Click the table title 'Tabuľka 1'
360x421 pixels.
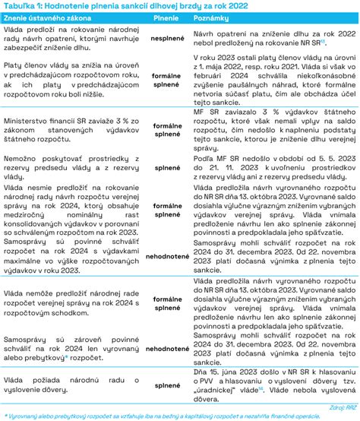coord(24,6)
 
